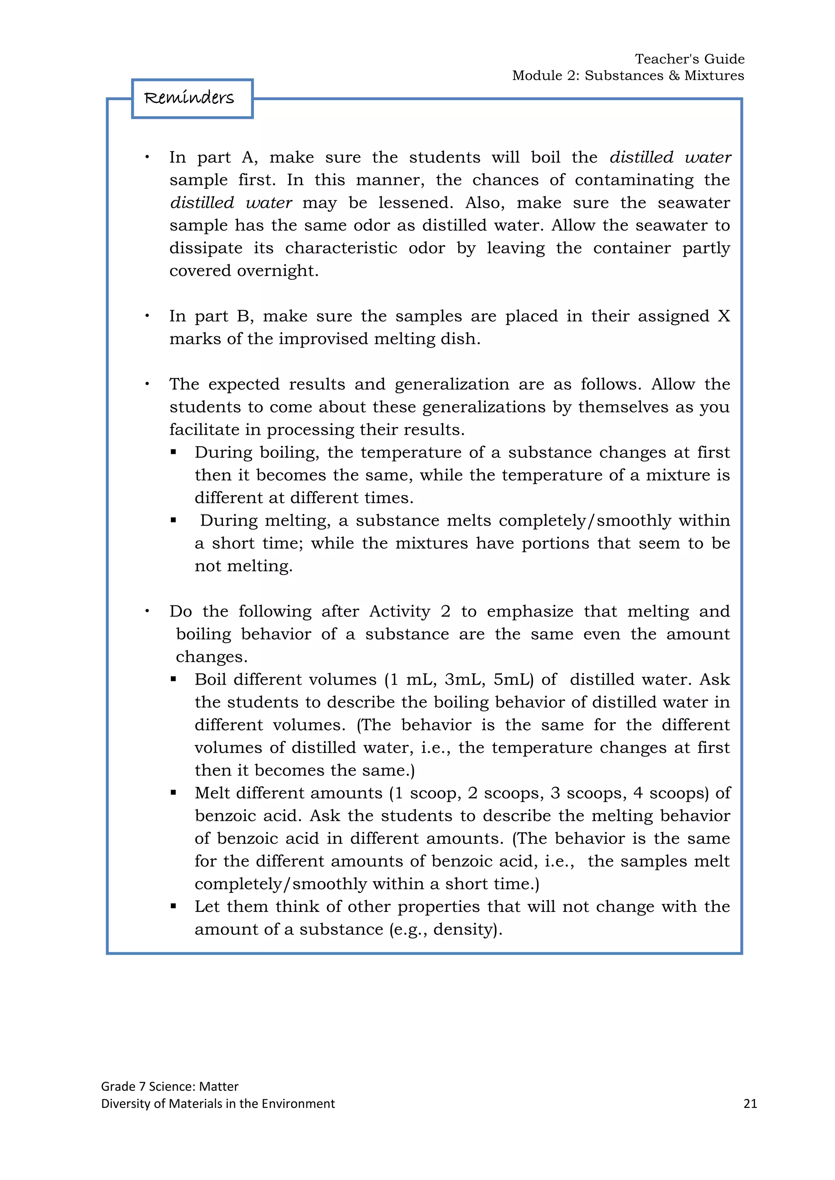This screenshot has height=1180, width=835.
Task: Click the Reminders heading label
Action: tap(189, 98)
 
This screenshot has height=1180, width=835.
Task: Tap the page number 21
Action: tap(750, 1103)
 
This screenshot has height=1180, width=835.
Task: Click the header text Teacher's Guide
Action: tap(689, 59)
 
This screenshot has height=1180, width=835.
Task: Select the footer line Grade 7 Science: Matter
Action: tap(170, 1086)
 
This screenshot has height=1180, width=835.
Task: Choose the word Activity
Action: tap(400, 611)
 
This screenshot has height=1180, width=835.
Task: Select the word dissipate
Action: tap(205, 248)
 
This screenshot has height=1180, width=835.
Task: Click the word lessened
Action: tap(415, 203)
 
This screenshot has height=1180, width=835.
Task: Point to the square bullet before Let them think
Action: tap(173, 907)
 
